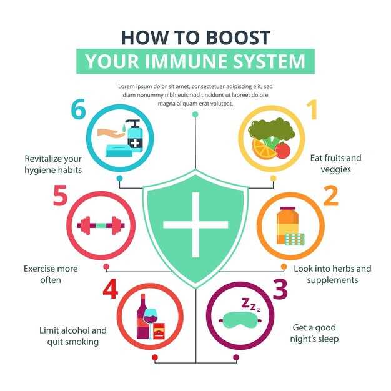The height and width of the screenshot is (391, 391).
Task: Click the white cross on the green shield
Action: tap(195, 224)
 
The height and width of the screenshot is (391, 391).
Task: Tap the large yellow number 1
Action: tap(312, 110)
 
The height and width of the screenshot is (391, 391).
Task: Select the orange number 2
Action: tap(330, 196)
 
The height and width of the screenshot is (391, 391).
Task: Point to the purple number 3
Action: tap(280, 289)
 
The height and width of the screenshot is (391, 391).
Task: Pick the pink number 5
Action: tap(60, 196)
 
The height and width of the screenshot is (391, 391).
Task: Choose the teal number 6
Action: tap(77, 110)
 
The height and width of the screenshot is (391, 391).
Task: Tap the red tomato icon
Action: tap(283, 150)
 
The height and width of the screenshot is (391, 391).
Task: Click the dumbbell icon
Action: tap(101, 225)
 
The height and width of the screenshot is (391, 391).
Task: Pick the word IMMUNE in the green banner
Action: tap(197, 62)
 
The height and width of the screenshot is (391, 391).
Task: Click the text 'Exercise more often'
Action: tap(51, 274)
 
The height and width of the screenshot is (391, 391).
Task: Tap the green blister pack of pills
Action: tap(294, 239)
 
